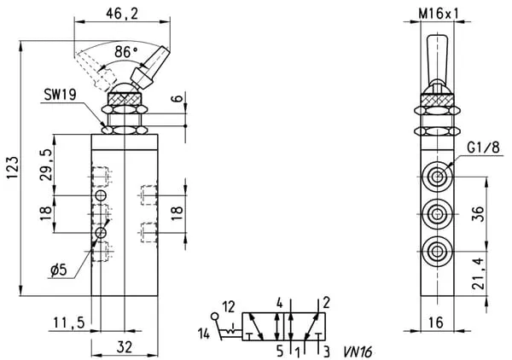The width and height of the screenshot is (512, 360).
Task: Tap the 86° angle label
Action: (x=127, y=52)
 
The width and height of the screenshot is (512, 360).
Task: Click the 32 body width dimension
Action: (x=124, y=346)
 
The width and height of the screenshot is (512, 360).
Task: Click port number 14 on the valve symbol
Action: (x=203, y=332)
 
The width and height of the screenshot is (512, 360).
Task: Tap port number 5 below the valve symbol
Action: (x=278, y=349)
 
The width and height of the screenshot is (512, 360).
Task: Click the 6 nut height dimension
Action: (x=175, y=99)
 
